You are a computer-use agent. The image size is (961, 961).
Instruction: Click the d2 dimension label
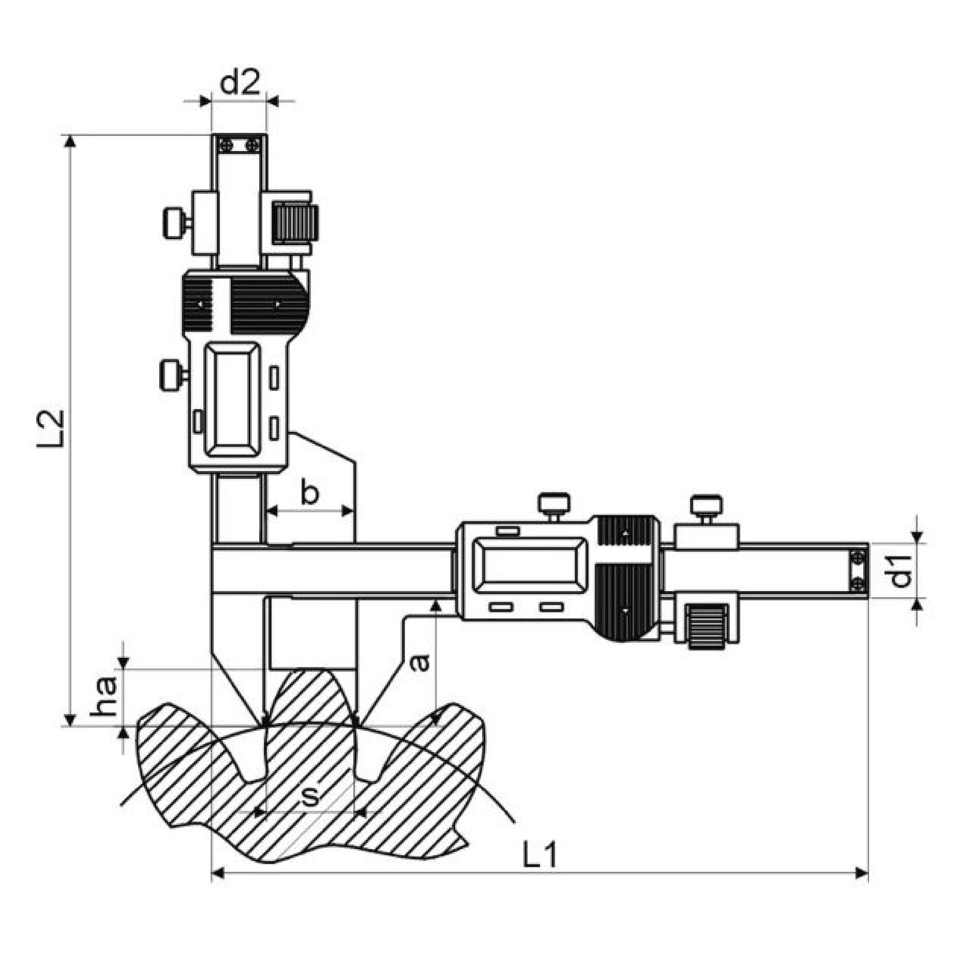coord(240,83)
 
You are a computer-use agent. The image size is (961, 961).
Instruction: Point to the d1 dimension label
coord(900,571)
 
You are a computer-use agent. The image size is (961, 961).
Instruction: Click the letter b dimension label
coord(309,493)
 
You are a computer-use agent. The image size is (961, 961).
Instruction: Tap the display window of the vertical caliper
coord(233,399)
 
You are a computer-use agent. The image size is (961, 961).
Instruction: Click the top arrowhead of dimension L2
coord(70,142)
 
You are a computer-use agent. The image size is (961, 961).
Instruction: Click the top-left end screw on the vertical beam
coord(227,145)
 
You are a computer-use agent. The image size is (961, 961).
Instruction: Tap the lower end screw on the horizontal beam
coord(858,585)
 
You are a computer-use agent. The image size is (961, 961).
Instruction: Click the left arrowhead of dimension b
coord(272,510)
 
